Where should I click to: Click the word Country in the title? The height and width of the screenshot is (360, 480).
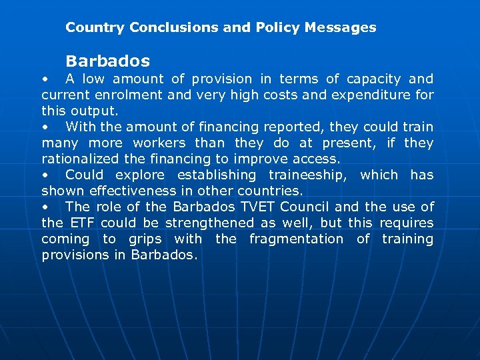pos(95,28)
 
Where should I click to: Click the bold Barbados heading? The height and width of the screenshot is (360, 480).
pos(107,61)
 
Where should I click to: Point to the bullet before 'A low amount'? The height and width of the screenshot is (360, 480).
pos(45,79)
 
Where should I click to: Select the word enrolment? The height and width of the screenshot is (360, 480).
pos(131,95)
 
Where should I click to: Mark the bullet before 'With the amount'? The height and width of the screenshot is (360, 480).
pos(45,127)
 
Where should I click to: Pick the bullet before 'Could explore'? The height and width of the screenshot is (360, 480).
pos(45,175)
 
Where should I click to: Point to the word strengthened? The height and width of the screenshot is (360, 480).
pos(210,223)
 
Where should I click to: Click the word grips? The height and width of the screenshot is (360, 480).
pos(145,239)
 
